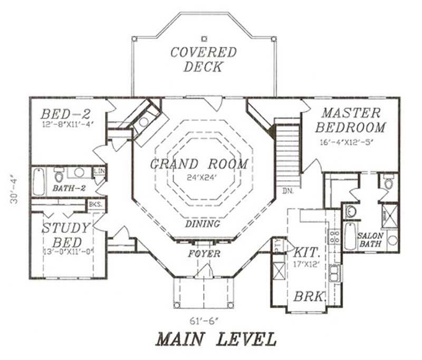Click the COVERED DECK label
(203, 60)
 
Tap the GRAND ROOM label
(199, 164)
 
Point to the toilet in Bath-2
(60, 173)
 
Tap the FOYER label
(204, 254)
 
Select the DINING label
(203, 224)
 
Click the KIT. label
(306, 251)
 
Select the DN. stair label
(287, 190)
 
